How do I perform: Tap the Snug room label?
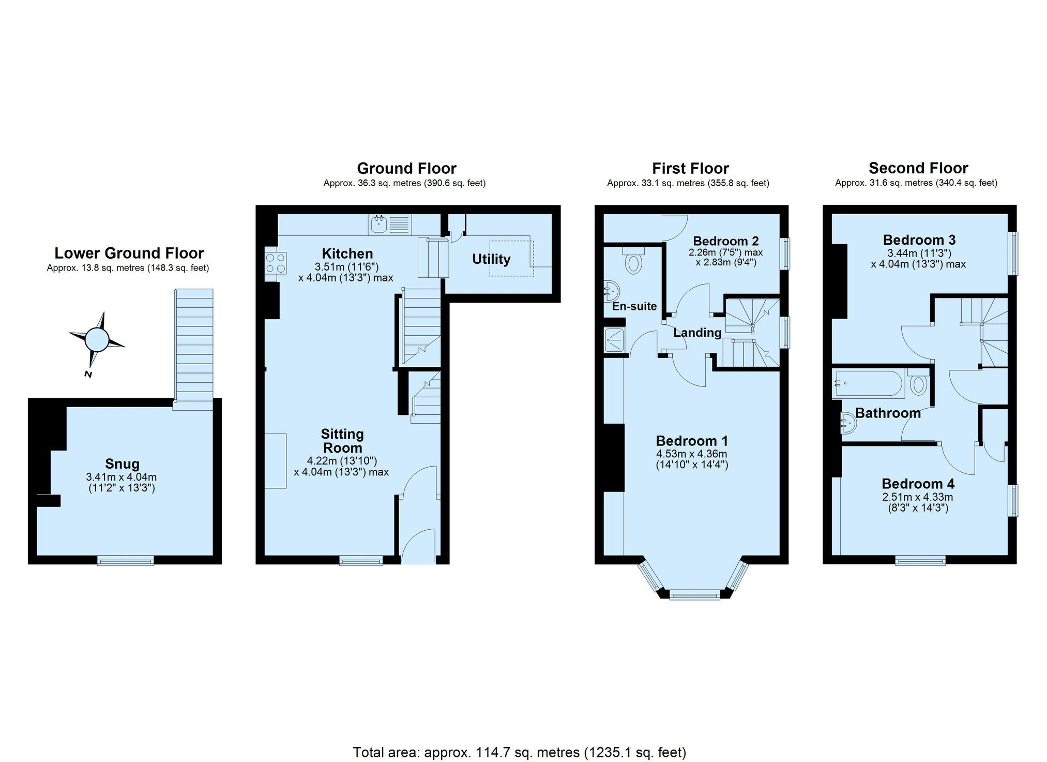pyautogui.click(x=122, y=464)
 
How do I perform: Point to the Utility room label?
pyautogui.click(x=491, y=259)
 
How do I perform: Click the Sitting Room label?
pyautogui.click(x=342, y=441)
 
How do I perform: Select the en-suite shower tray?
pyautogui.click(x=614, y=340)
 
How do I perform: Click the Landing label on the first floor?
pyautogui.click(x=697, y=333)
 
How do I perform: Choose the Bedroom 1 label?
pyautogui.click(x=692, y=441)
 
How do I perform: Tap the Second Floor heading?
pyautogui.click(x=918, y=168)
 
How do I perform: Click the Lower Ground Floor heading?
pyautogui.click(x=129, y=253)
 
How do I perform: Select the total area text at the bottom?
pyautogui.click(x=520, y=752)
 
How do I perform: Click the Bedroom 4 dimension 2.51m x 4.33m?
pyautogui.click(x=917, y=497)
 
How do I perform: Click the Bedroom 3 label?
pyautogui.click(x=919, y=240)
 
